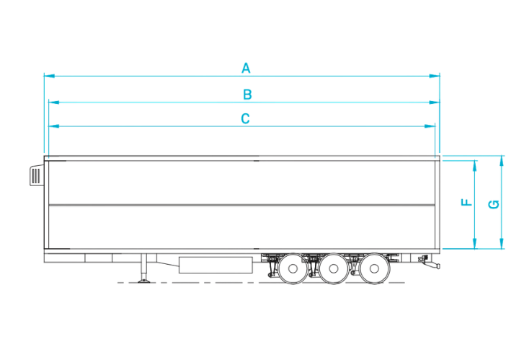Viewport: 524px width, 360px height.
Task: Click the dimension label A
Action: tap(246, 68)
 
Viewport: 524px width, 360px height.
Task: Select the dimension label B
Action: tap(247, 95)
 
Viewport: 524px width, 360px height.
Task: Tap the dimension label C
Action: tap(245, 119)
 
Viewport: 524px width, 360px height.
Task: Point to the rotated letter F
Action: tap(466, 203)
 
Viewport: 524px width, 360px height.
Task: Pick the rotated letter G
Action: tap(494, 204)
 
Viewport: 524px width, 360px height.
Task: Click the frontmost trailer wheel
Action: tap(293, 268)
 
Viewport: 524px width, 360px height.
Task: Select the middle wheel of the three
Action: tap(334, 268)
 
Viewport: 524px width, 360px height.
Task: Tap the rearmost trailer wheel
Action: tap(374, 268)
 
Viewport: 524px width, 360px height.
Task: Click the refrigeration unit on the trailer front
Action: tap(37, 175)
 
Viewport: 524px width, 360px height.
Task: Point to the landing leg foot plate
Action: tap(144, 281)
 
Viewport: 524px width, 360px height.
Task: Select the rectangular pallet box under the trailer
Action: tap(216, 265)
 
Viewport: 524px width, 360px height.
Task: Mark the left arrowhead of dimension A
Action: tap(49, 76)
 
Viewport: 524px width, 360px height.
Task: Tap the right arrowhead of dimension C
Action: tap(430, 126)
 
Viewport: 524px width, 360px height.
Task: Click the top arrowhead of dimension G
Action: tap(501, 161)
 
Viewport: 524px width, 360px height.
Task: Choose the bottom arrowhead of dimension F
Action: tap(474, 244)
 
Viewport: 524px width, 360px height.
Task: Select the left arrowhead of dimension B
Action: tap(54, 102)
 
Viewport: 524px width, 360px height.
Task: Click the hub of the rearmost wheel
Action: tap(374, 268)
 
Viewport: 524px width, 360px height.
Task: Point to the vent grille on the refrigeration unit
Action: tap(36, 175)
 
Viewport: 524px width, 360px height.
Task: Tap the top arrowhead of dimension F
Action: tap(474, 166)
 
